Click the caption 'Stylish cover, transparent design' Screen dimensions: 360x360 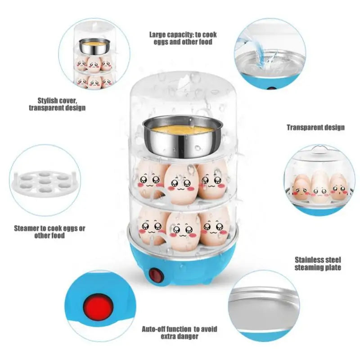click(x=57, y=104)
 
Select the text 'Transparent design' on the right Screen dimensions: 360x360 click(x=315, y=127)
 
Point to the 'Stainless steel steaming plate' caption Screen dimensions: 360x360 click(x=318, y=263)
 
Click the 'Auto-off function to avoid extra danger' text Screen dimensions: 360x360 click(x=180, y=333)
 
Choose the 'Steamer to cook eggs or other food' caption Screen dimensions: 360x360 click(x=49, y=232)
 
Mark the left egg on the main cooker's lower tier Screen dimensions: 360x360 click(x=151, y=226)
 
